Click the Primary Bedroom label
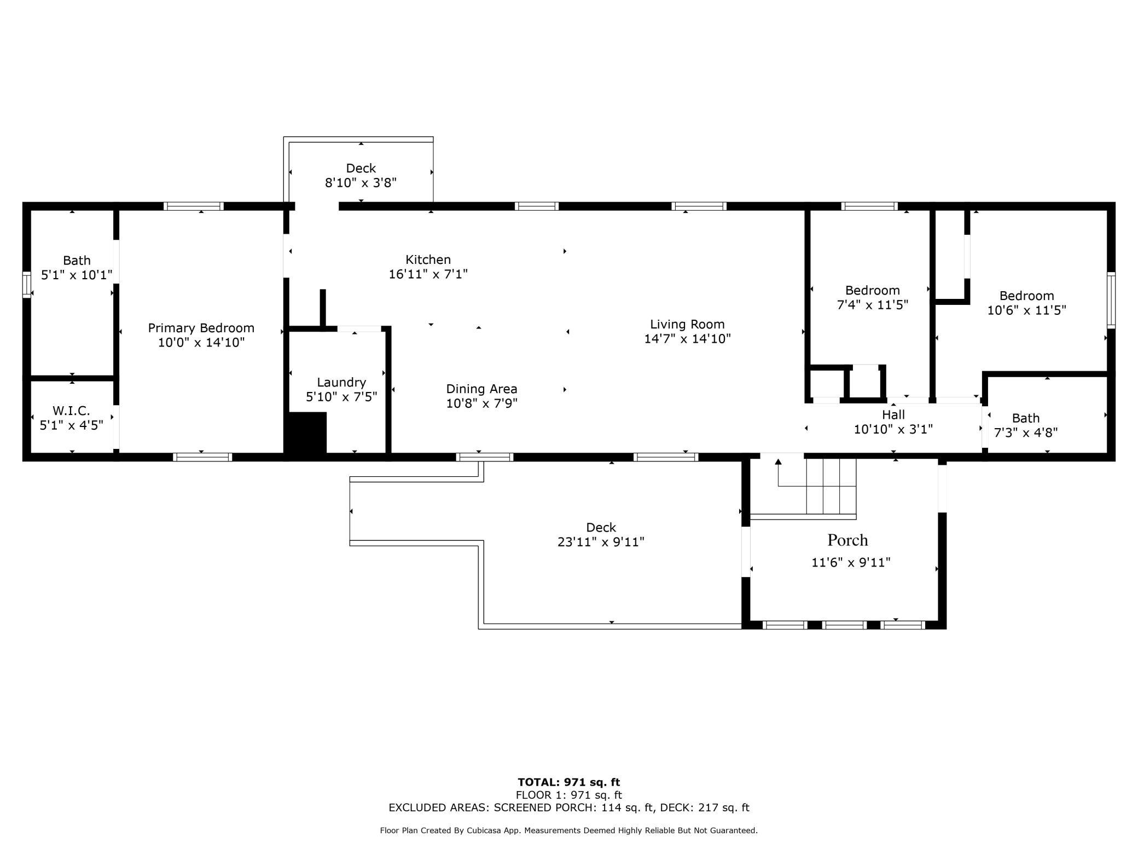(201, 328)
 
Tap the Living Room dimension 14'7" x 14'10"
(687, 339)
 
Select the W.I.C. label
(71, 411)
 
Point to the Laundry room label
(341, 382)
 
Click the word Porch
(847, 540)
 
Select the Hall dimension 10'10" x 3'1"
(893, 430)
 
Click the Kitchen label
(428, 259)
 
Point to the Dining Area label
(481, 389)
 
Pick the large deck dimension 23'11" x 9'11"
(601, 542)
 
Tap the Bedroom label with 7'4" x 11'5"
(872, 290)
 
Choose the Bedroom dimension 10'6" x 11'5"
(1026, 310)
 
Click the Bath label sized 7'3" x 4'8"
(1025, 418)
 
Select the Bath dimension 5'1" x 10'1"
(77, 275)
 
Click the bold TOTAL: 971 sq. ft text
(568, 782)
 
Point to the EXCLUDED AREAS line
(568, 807)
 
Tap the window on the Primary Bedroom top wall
(194, 206)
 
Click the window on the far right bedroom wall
(1111, 300)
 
